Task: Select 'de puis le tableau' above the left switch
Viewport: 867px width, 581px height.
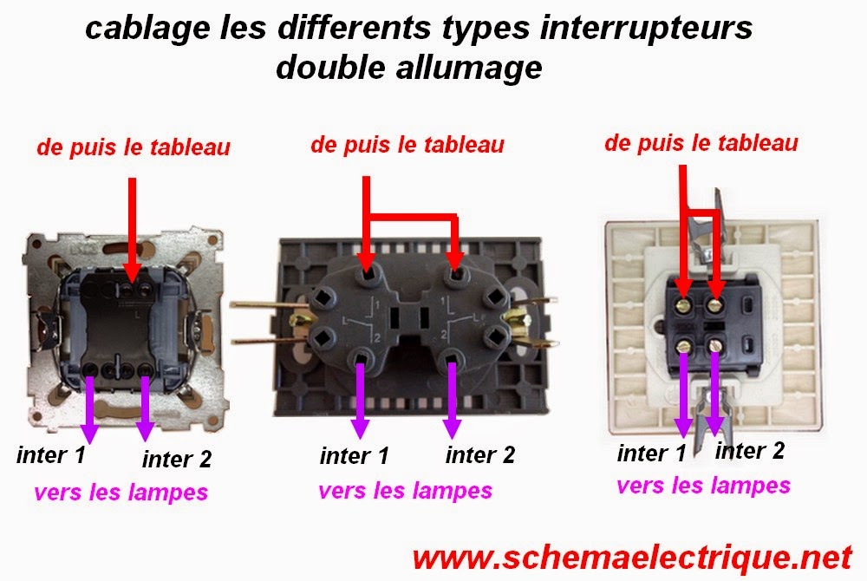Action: [134, 147]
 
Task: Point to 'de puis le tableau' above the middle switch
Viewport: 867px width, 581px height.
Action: [407, 144]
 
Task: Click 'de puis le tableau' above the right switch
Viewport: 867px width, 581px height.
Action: [701, 143]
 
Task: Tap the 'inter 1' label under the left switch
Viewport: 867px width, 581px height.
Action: [50, 454]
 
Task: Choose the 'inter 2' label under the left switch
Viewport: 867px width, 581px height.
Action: [177, 459]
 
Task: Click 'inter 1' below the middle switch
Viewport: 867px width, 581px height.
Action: [354, 454]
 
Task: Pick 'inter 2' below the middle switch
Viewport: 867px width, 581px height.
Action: [480, 454]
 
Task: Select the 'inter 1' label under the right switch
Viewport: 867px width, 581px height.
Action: [652, 453]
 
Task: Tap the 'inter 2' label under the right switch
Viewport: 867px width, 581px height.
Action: [750, 450]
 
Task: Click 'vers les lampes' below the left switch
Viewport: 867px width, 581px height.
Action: [121, 493]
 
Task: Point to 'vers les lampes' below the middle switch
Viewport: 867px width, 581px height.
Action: [406, 491]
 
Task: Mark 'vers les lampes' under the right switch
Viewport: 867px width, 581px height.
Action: [703, 485]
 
